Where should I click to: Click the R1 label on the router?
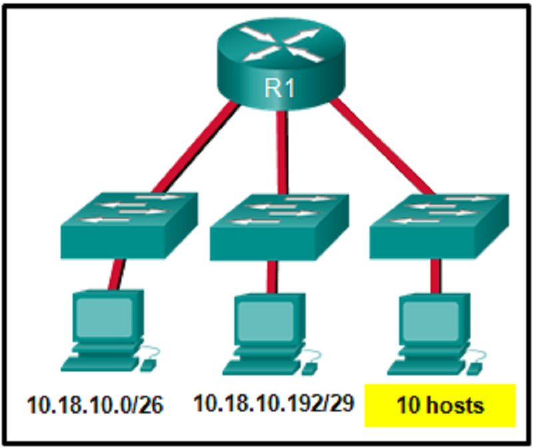(281, 88)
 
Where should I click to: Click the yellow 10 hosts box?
(440, 404)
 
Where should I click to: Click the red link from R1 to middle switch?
(281, 150)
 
